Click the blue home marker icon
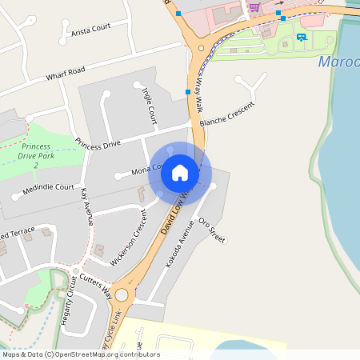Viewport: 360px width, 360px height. coord(180,172)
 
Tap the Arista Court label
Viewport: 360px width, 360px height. coord(90,29)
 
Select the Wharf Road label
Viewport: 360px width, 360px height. coord(66,74)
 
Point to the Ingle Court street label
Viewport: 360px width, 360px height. coord(149,106)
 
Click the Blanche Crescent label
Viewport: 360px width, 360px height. coord(226,114)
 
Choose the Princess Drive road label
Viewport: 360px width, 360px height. coord(98,144)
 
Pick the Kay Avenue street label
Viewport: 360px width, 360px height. coord(87,206)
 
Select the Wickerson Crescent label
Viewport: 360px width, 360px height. coord(130,237)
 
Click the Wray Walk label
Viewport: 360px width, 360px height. coord(199,82)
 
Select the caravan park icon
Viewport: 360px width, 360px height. coord(301,36)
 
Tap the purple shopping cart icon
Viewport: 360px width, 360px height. coord(254,6)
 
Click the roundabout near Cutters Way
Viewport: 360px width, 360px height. coord(121,295)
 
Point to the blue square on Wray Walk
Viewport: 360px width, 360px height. coord(188,92)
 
